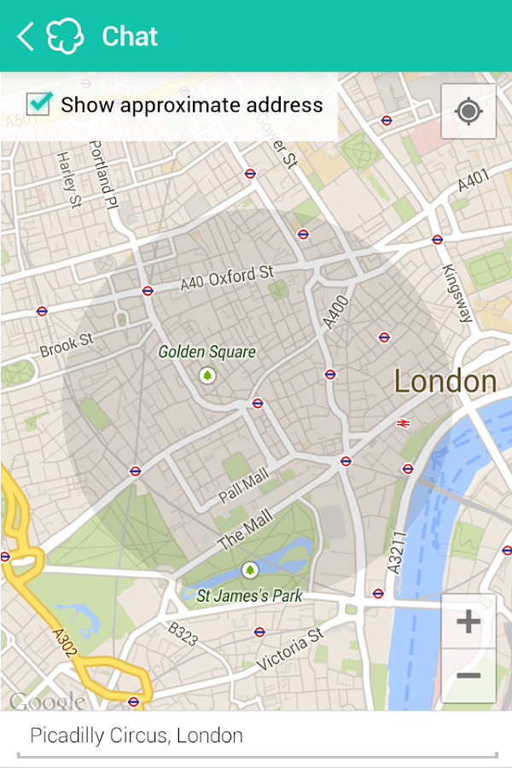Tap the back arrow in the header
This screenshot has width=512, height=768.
point(26,37)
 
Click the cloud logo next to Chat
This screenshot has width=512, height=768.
point(66,37)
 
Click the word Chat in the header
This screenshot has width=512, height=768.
point(130,37)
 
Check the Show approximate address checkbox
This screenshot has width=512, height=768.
point(39,105)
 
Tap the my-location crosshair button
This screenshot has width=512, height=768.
point(468,111)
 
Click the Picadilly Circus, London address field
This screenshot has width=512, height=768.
point(256,736)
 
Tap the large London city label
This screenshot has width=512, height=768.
point(445,381)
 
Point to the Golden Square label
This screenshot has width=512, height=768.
point(207,352)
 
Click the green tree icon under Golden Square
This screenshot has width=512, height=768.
point(207,375)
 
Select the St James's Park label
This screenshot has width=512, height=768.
point(249,596)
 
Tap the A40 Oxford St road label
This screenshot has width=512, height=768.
point(227,278)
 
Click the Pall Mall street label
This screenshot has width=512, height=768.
point(243,483)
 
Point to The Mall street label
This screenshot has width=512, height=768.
point(245,528)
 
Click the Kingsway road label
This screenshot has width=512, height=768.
point(457,293)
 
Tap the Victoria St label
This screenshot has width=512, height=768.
point(290,649)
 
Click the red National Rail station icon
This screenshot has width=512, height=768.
point(403,422)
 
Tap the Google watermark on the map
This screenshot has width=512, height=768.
point(47,701)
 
